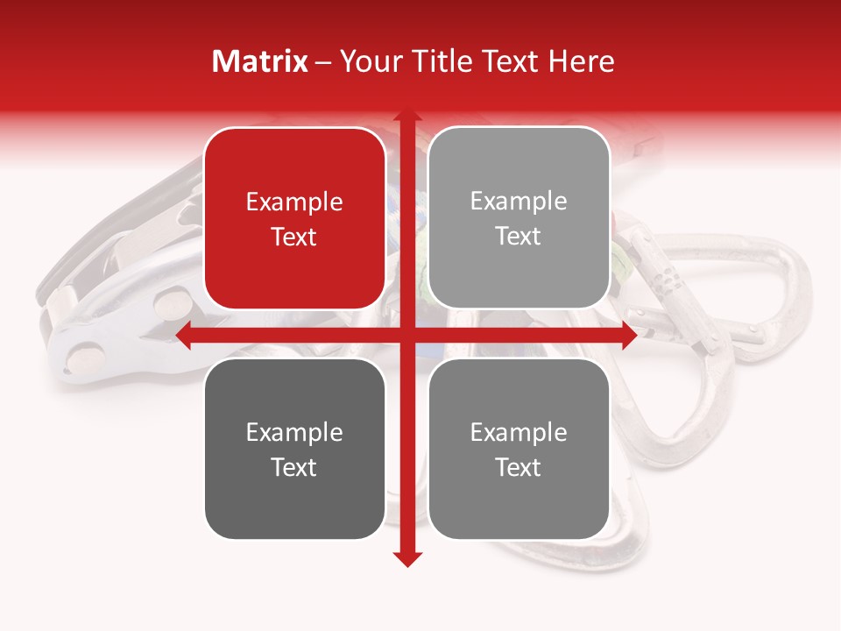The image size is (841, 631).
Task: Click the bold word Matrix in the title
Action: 260,61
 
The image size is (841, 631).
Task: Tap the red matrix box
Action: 294,218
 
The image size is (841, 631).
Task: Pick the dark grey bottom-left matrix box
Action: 294,449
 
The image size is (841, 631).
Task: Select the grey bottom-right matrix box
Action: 519,449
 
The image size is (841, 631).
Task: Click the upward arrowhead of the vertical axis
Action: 406,117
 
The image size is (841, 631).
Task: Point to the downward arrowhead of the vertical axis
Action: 406,558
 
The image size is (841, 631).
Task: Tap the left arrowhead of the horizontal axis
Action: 184,336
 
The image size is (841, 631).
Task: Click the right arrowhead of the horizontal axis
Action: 628,336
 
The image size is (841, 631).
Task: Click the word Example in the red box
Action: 294,202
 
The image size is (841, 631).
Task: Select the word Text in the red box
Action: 294,237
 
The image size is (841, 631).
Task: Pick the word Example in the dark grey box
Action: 294,432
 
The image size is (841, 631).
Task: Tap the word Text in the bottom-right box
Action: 519,467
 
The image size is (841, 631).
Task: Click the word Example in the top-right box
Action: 519,201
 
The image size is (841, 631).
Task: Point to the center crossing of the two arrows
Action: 406,336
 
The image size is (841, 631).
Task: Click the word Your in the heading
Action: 369,61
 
